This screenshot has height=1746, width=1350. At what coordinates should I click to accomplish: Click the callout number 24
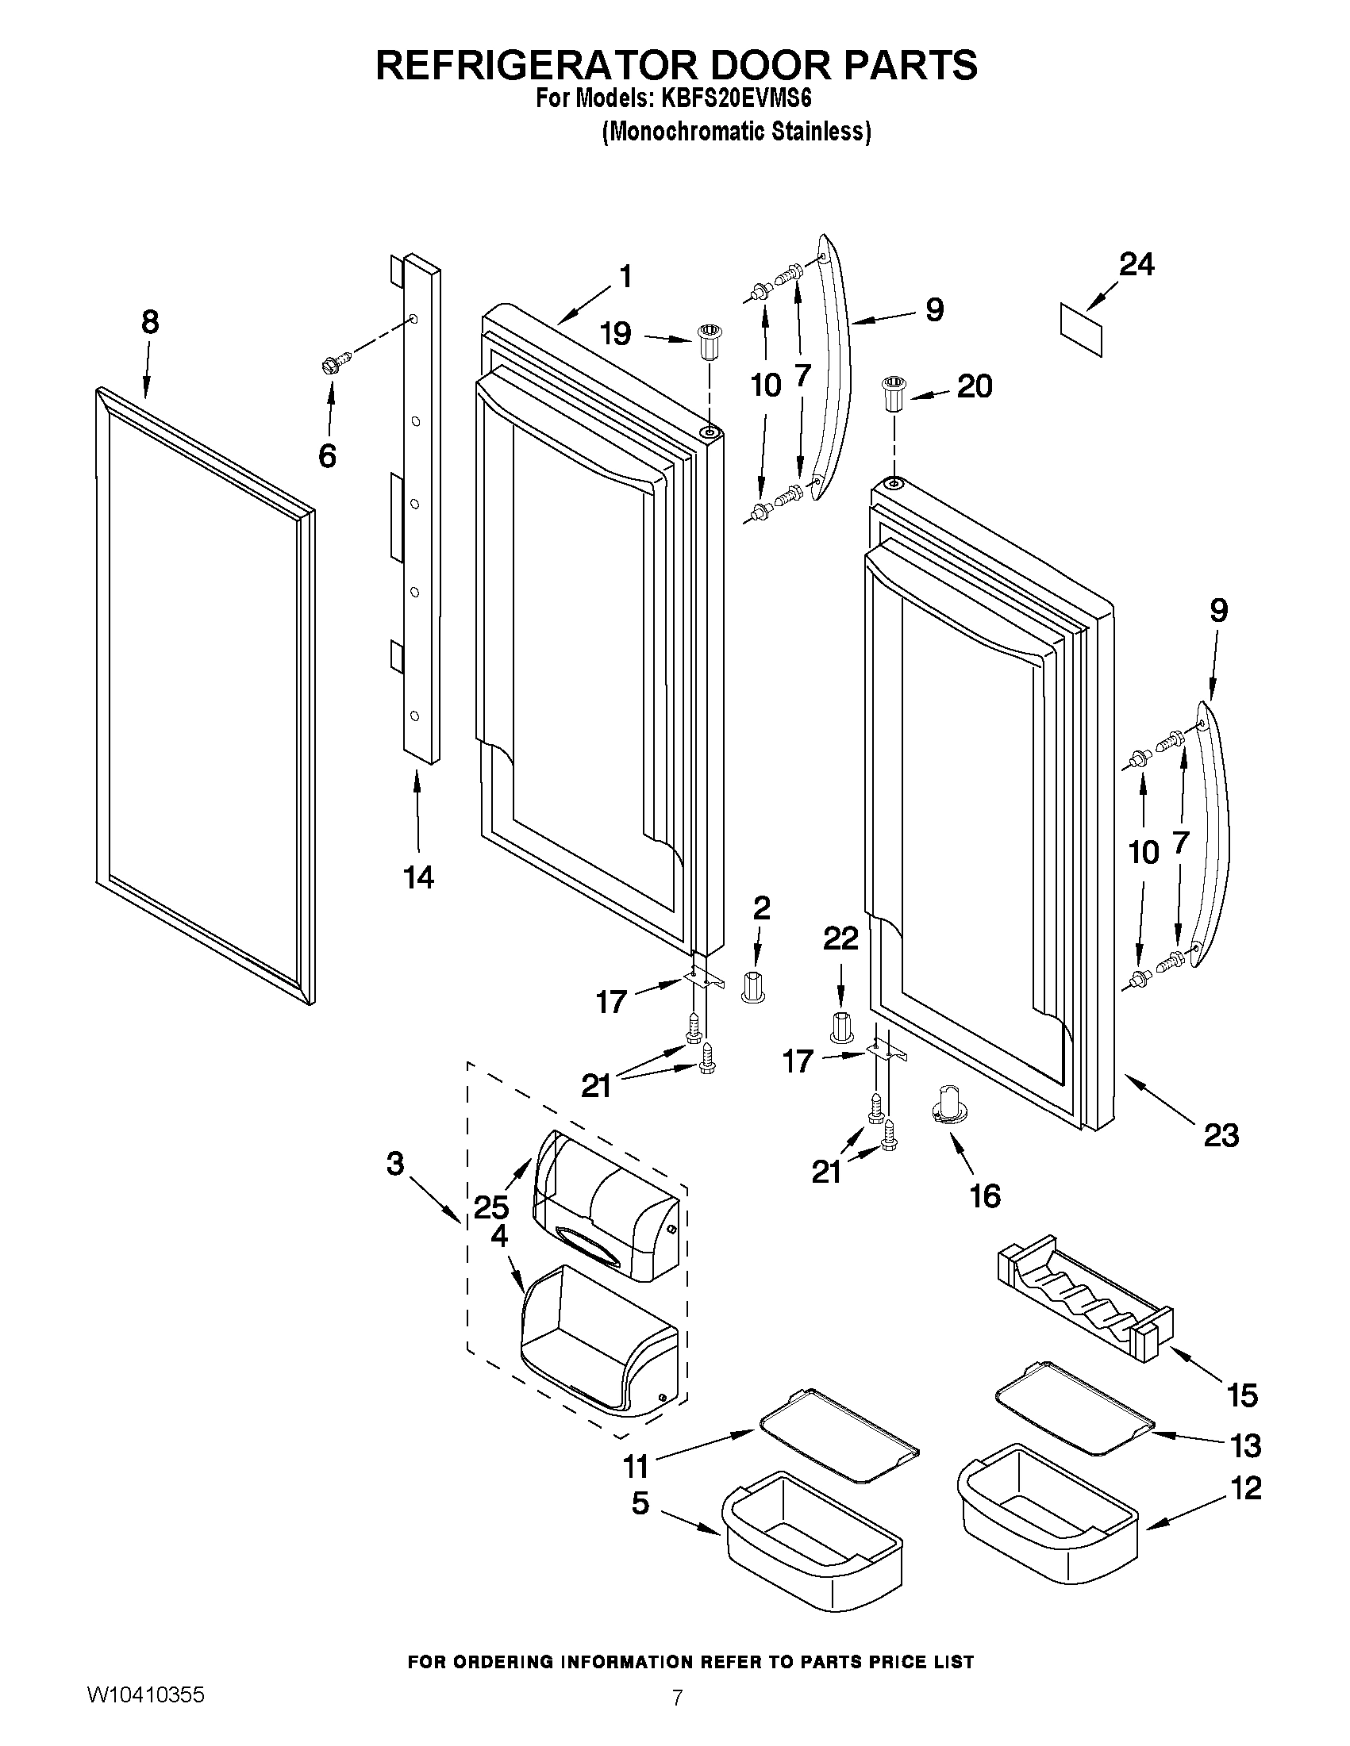coord(1136,265)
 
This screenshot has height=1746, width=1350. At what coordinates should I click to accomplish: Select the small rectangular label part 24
coord(1081,329)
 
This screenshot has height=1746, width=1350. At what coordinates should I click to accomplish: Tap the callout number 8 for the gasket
coord(149,322)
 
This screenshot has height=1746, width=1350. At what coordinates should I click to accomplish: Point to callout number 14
coord(418,878)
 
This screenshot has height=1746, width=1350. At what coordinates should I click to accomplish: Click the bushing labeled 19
coord(707,342)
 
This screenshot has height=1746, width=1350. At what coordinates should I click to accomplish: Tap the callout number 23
coord(1221,1134)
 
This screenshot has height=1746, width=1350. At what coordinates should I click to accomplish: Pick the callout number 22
coord(840,938)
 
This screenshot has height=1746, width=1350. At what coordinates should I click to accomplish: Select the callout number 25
coord(491,1207)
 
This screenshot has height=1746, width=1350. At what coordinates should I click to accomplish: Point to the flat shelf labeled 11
coord(838,1445)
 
